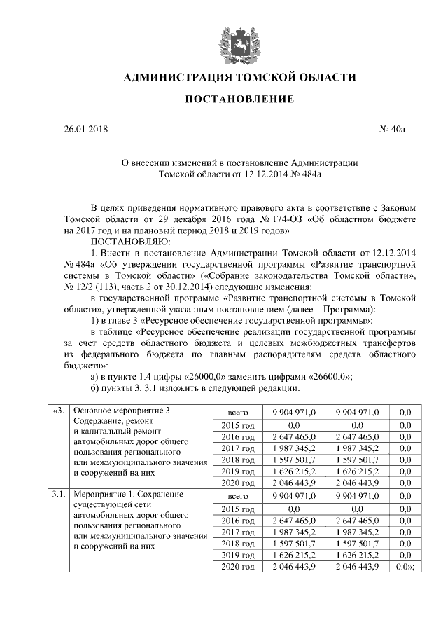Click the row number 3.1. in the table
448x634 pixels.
click(x=57, y=495)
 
